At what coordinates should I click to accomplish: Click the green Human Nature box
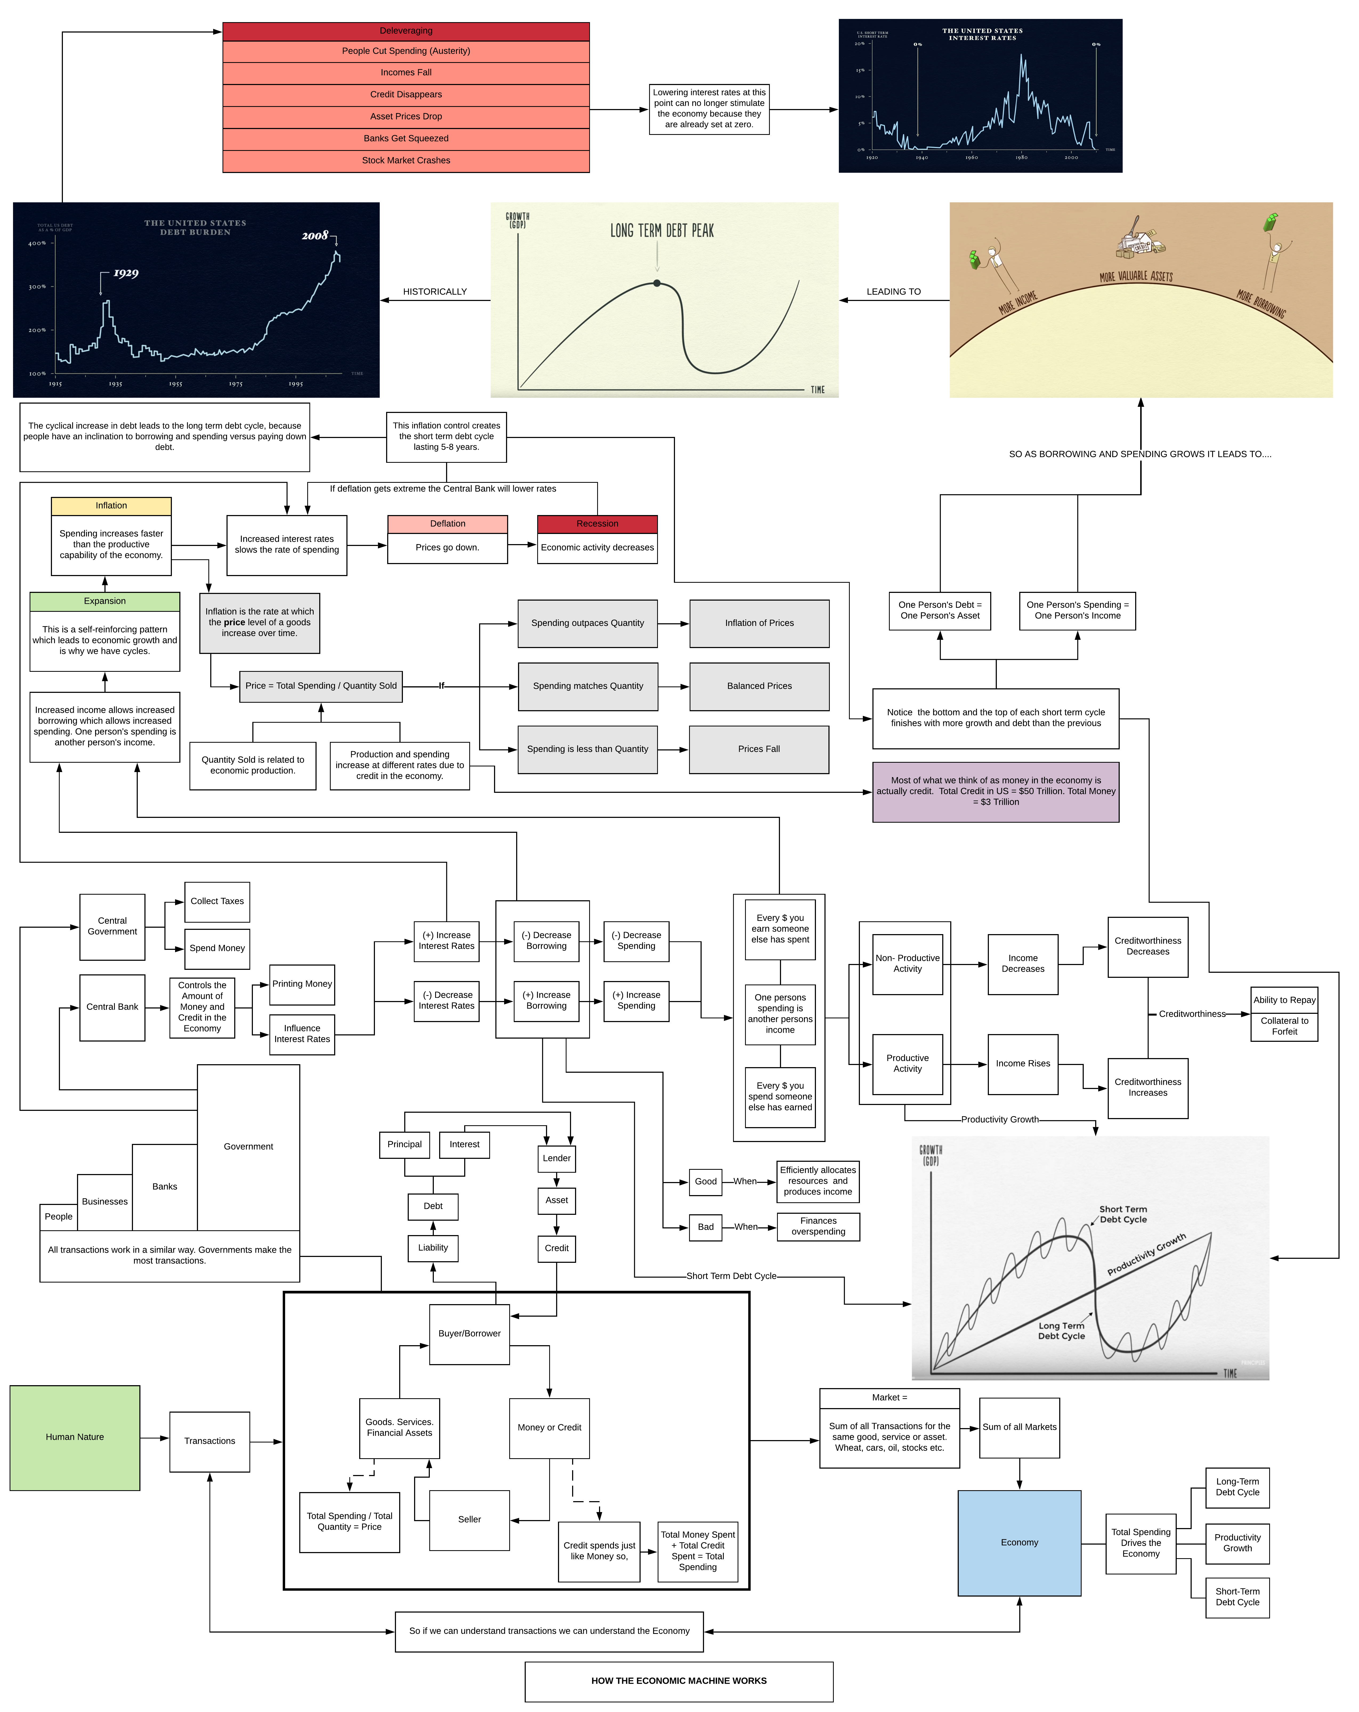click(75, 1437)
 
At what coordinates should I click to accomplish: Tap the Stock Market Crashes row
click(406, 160)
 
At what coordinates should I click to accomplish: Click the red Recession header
click(597, 524)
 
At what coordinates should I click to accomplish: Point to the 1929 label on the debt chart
click(126, 273)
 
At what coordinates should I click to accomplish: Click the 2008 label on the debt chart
click(315, 236)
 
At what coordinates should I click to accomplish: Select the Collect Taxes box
click(217, 901)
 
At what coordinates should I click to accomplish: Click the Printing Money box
click(302, 985)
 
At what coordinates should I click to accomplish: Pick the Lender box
click(556, 1159)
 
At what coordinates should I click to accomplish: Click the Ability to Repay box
click(1284, 1000)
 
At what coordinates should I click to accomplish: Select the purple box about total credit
click(996, 792)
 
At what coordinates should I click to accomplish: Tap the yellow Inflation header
click(111, 506)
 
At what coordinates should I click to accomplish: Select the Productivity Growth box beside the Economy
click(1237, 1543)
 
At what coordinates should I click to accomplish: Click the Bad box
click(706, 1227)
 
